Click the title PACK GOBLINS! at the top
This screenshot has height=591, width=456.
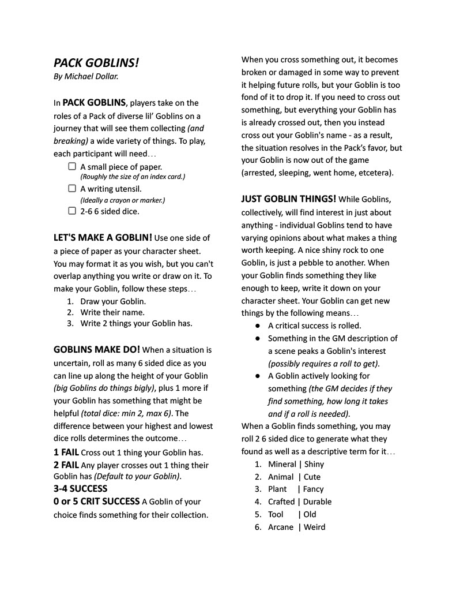point(96,62)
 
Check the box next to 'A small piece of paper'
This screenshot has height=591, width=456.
point(72,166)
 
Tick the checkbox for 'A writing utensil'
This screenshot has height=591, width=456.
point(72,188)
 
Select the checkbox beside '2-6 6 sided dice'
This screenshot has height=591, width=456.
point(72,211)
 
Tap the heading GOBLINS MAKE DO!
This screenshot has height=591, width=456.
point(96,350)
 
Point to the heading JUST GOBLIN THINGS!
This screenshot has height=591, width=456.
point(289,199)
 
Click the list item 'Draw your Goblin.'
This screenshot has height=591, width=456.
point(113,301)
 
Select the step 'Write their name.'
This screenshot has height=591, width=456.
point(112,312)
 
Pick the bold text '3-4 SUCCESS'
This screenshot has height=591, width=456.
point(80,488)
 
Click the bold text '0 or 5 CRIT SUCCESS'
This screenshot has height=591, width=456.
point(96,502)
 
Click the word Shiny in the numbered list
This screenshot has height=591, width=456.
point(314,464)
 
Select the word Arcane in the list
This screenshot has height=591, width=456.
point(281,527)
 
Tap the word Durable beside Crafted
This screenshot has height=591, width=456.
point(318,502)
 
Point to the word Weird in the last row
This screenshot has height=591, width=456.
point(315,527)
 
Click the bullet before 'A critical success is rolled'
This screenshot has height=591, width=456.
point(257,326)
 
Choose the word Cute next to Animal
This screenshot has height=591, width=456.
point(312,477)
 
